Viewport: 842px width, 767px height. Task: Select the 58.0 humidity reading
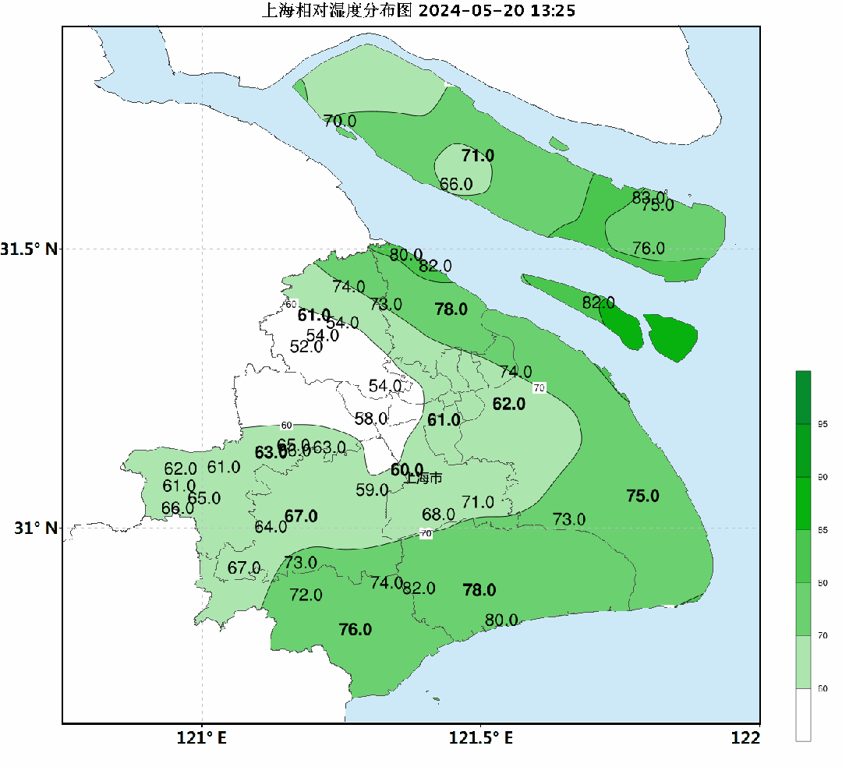pos(371,419)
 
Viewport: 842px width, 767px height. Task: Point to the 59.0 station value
pos(372,490)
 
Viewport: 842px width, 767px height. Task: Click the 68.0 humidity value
pos(438,514)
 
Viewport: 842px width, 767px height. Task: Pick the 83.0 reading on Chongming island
pos(648,197)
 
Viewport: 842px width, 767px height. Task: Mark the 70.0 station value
pos(340,121)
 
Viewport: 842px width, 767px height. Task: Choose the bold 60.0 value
pos(406,470)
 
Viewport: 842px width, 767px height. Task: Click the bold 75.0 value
pos(642,496)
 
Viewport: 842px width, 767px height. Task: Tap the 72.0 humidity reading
pos(306,595)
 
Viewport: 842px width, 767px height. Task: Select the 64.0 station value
pos(271,526)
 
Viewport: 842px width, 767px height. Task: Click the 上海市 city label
pos(424,478)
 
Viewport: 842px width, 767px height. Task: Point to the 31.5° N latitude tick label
pos(29,249)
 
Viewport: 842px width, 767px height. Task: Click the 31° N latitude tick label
pos(36,528)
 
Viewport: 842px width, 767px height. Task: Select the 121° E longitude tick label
pos(201,737)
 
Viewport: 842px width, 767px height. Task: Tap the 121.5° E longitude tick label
pos(480,737)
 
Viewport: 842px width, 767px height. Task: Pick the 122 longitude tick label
pos(746,737)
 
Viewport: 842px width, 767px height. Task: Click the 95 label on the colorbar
pos(823,424)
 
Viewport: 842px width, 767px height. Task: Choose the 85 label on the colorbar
pos(823,530)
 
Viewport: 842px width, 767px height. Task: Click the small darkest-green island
pos(670,337)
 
